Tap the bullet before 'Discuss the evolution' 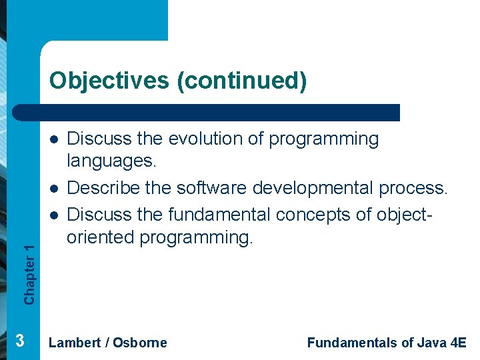53,139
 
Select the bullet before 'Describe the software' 53,189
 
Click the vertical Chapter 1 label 29,274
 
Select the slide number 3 20,341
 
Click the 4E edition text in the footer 459,343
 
